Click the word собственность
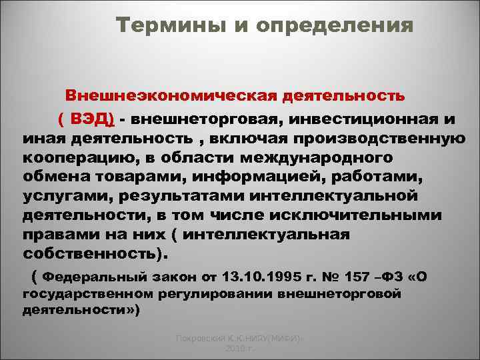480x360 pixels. point(93,255)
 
